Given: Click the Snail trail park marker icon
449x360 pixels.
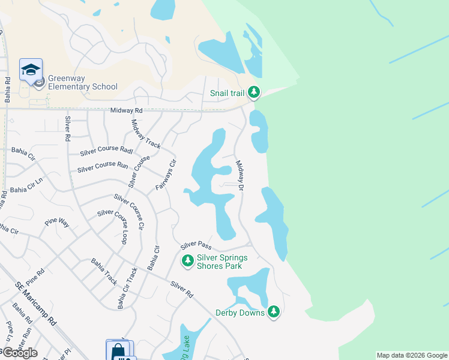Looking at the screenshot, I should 255,92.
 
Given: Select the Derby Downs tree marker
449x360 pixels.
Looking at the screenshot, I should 274,311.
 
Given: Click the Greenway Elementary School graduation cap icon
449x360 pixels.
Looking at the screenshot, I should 30,71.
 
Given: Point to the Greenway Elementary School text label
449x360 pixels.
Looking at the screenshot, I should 83,82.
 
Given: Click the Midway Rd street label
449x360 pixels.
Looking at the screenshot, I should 127,110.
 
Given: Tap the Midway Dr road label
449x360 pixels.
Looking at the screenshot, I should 240,175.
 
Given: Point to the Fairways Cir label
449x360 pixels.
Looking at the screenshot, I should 166,175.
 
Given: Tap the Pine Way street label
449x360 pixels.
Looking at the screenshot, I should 58,223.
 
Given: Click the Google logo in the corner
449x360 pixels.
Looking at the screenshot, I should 20,352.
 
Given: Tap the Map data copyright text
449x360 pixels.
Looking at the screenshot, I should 411,355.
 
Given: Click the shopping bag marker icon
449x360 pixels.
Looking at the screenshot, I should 118,350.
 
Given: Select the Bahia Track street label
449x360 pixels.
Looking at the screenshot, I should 104,271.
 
